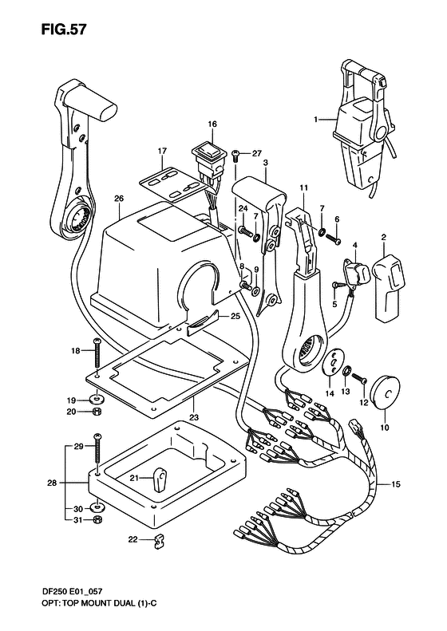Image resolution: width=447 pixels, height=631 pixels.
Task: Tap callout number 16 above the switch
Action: click(212, 124)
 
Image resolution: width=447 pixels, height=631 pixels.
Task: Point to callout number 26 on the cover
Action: click(119, 199)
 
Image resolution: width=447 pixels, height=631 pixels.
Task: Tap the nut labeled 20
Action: click(97, 412)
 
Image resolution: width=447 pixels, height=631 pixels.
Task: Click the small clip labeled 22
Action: click(158, 542)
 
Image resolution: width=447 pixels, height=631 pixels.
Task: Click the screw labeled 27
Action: click(236, 154)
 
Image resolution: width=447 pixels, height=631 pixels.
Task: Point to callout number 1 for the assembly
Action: click(316, 120)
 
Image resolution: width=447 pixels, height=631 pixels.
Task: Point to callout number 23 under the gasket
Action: click(194, 416)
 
